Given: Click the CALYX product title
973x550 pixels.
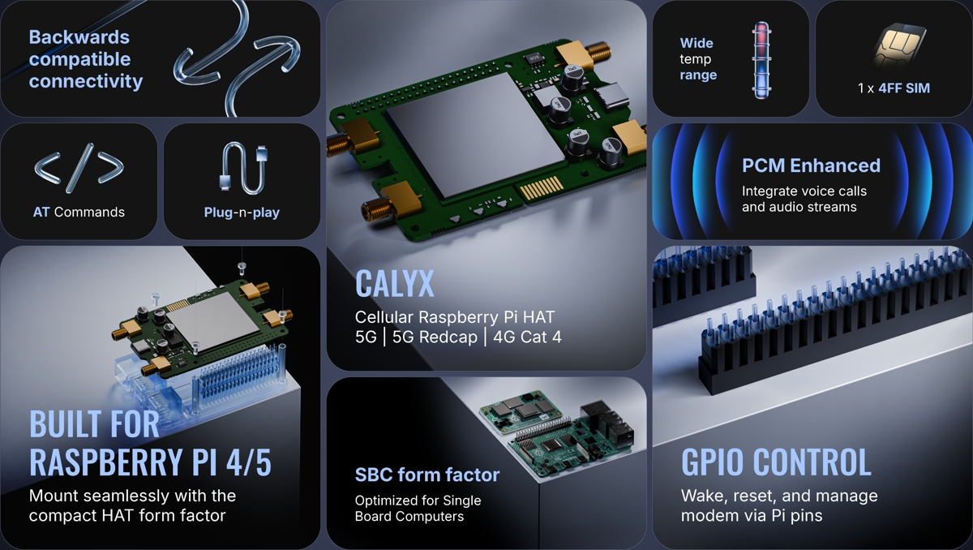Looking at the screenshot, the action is click(x=394, y=284).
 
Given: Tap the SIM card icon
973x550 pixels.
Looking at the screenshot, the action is click(x=899, y=46).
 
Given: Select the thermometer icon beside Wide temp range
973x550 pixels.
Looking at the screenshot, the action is click(x=761, y=60).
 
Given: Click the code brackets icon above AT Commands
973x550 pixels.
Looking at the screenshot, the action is click(x=79, y=168).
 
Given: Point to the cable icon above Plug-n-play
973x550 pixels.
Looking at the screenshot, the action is click(x=244, y=168).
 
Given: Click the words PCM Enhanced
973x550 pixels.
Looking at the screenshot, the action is click(x=811, y=165).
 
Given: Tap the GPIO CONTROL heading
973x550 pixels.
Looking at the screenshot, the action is click(x=776, y=462).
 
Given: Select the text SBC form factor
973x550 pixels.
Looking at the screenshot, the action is click(x=427, y=475).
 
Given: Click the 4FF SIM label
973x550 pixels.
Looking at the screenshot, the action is click(x=904, y=88).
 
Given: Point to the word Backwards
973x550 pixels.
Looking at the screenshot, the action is click(x=79, y=37).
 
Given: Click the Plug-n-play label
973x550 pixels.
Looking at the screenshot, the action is click(x=242, y=213).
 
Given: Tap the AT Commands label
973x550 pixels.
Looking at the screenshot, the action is click(x=79, y=212).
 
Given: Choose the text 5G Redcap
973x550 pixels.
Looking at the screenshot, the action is click(x=435, y=337).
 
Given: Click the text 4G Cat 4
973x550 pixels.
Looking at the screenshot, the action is click(x=527, y=337).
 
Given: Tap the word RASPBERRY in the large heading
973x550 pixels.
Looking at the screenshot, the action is click(x=105, y=462).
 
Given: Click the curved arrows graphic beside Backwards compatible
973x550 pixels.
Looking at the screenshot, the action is click(x=237, y=58).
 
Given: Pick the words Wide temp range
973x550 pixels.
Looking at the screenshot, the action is click(x=698, y=59).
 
